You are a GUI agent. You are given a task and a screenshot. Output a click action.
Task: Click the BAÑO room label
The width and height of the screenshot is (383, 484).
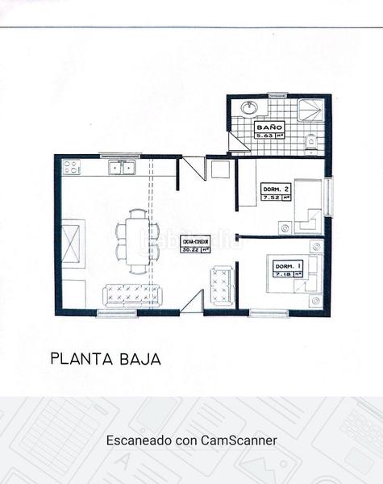(269, 128)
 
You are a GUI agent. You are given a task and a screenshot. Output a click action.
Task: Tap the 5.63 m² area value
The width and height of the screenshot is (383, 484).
(269, 136)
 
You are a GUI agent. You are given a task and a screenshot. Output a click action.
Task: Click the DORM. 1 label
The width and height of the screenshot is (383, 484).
(287, 266)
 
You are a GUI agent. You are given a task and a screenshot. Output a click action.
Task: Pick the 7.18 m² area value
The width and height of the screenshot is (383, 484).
(287, 274)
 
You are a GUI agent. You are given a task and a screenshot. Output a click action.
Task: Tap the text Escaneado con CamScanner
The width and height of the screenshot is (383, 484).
(191, 441)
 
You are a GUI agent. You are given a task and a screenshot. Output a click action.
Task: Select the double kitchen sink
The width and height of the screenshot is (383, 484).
(124, 169)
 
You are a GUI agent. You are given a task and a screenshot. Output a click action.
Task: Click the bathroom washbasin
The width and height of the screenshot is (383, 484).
(248, 107)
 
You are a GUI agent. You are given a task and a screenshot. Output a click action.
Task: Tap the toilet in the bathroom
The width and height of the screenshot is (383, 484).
(311, 142)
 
